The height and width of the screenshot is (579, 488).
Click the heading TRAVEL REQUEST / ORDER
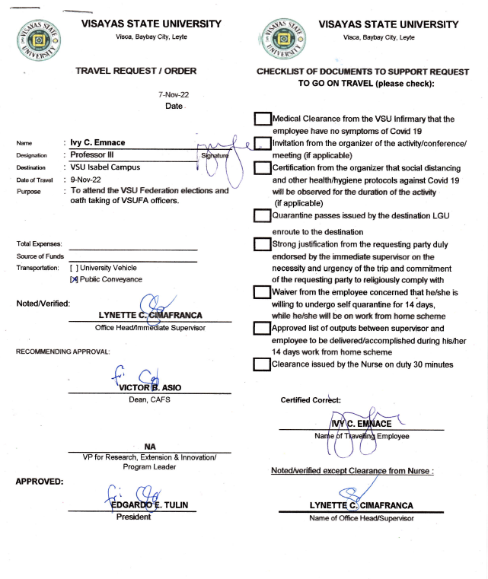pos(136,71)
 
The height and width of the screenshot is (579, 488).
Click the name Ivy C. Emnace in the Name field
pos(100,142)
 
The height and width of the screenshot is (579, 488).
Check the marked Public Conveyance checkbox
pos(74,279)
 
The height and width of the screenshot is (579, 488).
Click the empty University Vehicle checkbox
pos(74,268)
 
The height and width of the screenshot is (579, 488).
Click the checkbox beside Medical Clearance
pos(262,119)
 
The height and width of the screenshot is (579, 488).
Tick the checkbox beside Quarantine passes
pos(262,216)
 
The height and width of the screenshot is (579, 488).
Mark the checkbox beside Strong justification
pos(262,244)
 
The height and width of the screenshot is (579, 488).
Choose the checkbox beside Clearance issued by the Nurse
pos(262,364)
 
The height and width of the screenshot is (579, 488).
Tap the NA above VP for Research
pos(150,447)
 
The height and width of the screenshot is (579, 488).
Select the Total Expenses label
pos(39,243)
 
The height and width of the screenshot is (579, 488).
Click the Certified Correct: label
pos(311,399)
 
